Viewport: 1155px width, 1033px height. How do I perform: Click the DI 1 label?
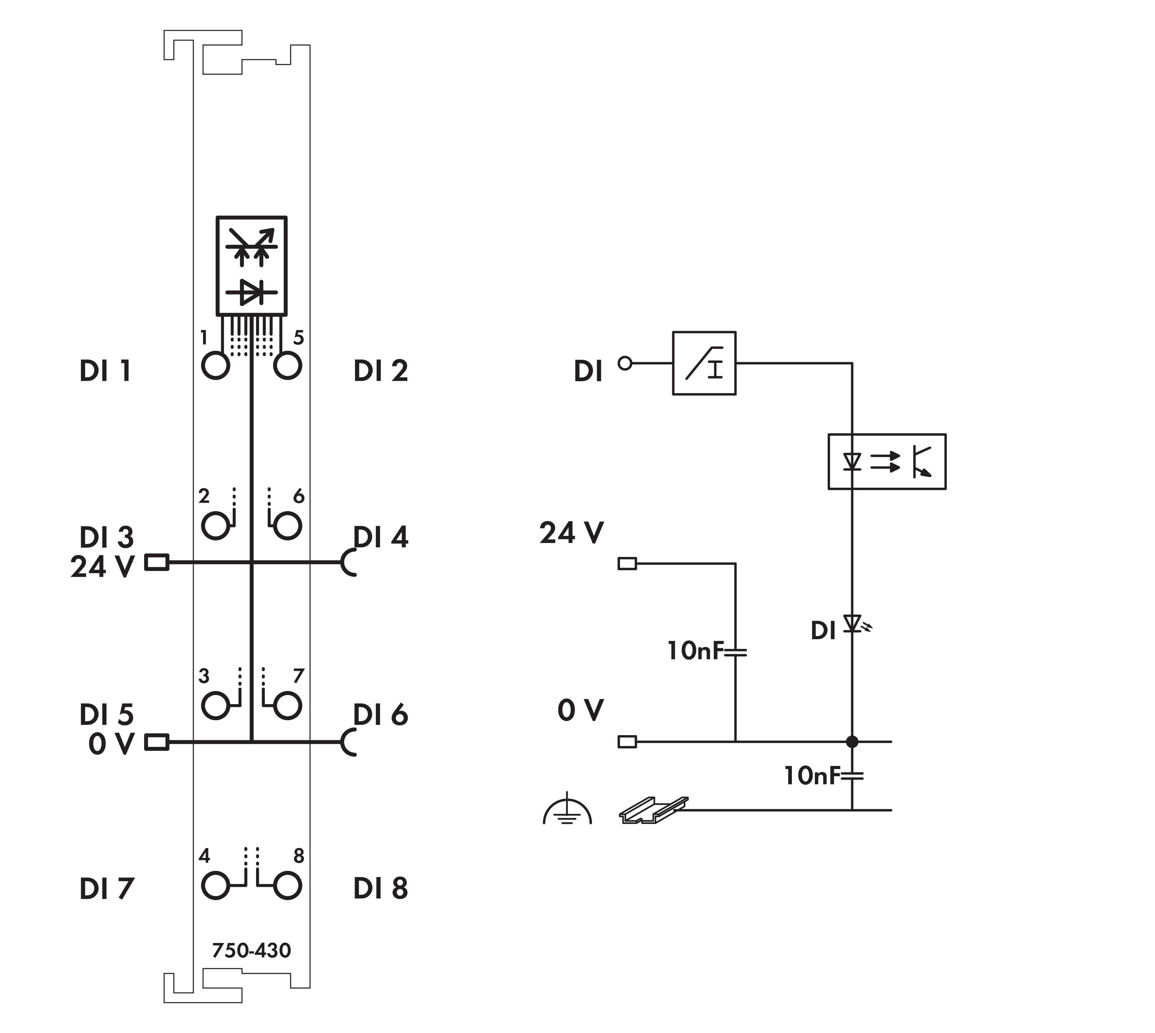pos(106,371)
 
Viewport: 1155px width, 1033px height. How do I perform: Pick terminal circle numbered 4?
pos(215,885)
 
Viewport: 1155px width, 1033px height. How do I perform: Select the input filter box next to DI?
pos(704,363)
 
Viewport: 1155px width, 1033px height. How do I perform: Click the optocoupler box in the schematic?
pos(887,461)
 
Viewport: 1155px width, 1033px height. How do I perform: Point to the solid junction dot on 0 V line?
pos(852,741)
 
